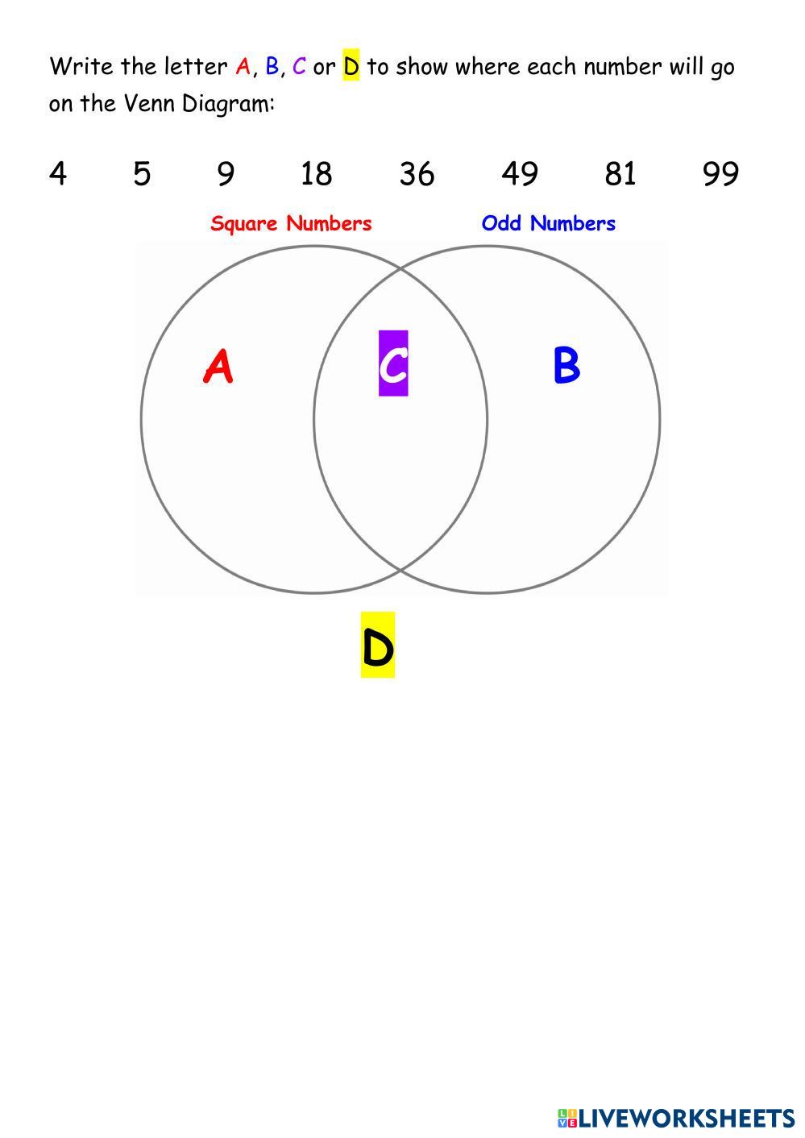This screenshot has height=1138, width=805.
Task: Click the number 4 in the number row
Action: coord(57,173)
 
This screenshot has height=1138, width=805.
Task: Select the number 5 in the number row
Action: coord(142,173)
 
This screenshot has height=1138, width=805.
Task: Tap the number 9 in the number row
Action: coord(226,173)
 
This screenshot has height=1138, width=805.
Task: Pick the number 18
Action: coord(316,173)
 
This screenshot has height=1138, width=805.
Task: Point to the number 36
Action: coord(417,173)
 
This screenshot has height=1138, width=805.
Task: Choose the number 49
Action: coord(520,173)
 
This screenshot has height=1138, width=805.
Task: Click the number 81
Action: coord(620,173)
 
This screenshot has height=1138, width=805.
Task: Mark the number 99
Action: coord(720,173)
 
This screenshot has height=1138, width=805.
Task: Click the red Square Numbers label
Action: coord(291,223)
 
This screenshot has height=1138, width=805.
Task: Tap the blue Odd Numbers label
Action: coord(548,223)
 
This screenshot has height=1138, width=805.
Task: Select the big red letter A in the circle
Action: coord(218,367)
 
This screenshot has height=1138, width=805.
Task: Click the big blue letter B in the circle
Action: coord(566,365)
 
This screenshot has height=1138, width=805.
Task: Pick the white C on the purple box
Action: coord(393,364)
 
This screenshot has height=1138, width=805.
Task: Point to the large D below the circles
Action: coord(377,646)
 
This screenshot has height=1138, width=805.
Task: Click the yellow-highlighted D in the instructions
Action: coord(351,66)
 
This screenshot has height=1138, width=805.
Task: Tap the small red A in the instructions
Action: coord(243,66)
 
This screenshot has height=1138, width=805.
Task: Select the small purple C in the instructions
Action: coord(299,66)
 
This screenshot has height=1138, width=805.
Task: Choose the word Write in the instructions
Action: coord(81,66)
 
